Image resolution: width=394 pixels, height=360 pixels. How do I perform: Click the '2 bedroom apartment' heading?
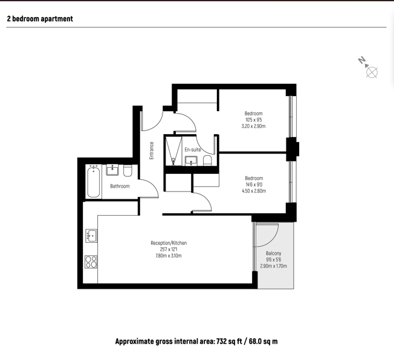pyautogui.click(x=40, y=19)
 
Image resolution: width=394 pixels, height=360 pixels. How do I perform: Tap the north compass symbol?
pyautogui.click(x=369, y=68)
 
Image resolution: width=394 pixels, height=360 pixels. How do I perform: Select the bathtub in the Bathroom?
pyautogui.click(x=93, y=182)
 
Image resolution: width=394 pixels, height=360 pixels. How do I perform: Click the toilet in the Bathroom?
pyautogui.click(x=128, y=170)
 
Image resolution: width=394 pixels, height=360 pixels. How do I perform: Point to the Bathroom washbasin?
pyautogui.click(x=112, y=170)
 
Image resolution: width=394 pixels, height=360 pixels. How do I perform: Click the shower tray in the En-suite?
pyautogui.click(x=173, y=151)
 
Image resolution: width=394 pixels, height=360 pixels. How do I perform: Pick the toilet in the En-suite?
pyautogui.click(x=207, y=161)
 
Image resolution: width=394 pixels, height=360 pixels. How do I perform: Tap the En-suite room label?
pyautogui.click(x=193, y=150)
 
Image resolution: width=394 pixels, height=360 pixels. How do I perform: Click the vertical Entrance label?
pyautogui.click(x=152, y=150)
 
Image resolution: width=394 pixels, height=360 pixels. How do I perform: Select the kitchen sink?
pyautogui.click(x=91, y=236)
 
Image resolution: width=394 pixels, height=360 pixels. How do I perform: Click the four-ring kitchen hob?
pyautogui.click(x=91, y=262)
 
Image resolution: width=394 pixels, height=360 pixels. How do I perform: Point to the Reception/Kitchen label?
pyautogui.click(x=169, y=243)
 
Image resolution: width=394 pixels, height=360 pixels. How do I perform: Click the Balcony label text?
pyautogui.click(x=273, y=253)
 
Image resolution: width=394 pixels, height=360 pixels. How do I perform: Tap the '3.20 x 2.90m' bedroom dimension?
pyautogui.click(x=254, y=126)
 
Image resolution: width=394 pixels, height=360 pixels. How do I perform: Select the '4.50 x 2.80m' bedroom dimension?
pyautogui.click(x=254, y=191)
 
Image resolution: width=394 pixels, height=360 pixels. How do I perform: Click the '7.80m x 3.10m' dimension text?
pyautogui.click(x=169, y=256)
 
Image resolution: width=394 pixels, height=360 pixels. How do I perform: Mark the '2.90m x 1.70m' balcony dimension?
pyautogui.click(x=273, y=266)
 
